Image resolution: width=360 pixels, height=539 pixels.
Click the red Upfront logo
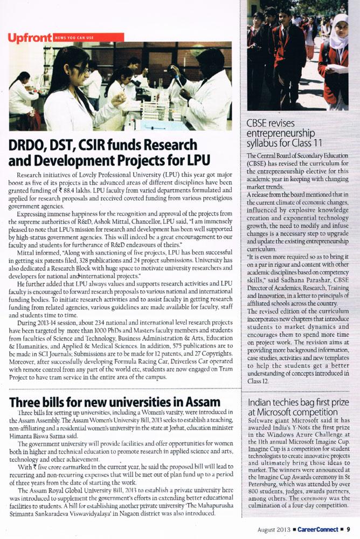pyautogui.click(x=30, y=37)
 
